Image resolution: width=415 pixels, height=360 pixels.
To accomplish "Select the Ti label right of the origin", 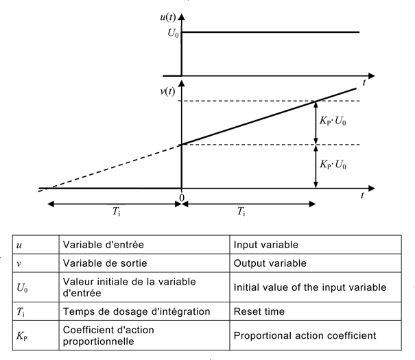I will (x=242, y=212).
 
